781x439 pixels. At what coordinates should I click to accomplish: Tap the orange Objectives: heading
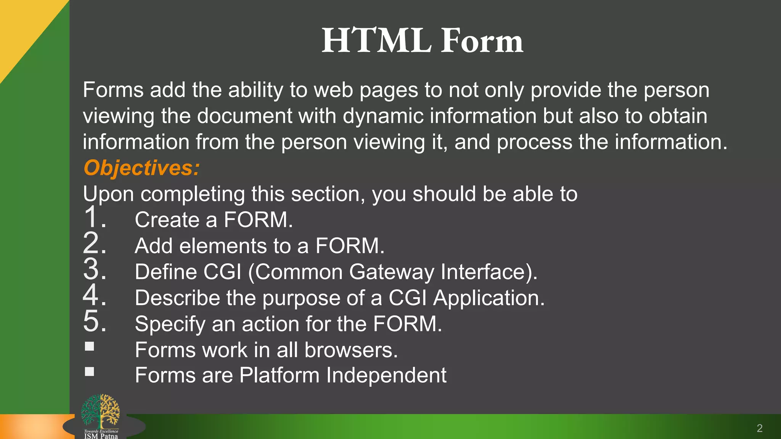(x=141, y=168)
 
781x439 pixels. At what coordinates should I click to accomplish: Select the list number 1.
(x=93, y=217)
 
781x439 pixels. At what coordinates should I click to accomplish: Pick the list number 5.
(x=93, y=321)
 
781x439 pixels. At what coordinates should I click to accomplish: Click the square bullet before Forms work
(x=90, y=346)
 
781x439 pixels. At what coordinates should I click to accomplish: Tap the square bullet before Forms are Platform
(x=90, y=372)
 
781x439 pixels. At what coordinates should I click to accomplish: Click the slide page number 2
(x=759, y=428)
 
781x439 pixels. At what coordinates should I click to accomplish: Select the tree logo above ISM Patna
(x=100, y=412)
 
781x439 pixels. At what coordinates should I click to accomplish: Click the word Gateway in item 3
(x=392, y=272)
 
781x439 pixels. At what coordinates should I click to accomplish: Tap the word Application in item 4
(x=489, y=298)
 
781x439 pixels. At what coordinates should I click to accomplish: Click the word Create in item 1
(x=167, y=220)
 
